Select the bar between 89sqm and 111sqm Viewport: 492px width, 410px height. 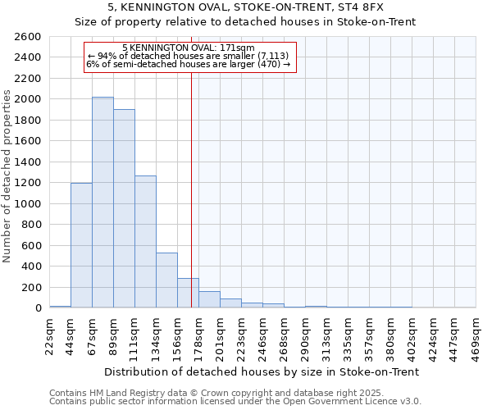point(124,208)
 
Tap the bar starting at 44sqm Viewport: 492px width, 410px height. point(81,245)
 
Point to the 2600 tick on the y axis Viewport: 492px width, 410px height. point(29,37)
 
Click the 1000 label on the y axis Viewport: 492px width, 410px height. point(29,204)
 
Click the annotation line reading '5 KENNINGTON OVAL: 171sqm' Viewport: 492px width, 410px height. point(188,48)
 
